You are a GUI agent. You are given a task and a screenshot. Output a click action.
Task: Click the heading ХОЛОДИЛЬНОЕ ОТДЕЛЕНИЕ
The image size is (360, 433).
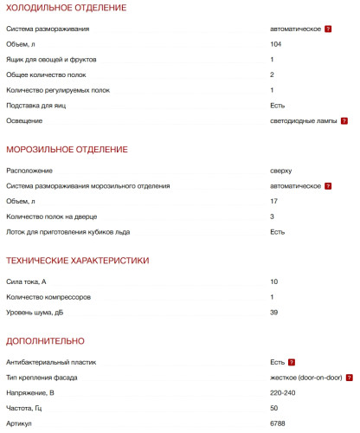[x=66, y=8]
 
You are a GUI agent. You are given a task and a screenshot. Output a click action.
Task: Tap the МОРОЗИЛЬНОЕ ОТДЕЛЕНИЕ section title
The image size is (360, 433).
[x=67, y=150]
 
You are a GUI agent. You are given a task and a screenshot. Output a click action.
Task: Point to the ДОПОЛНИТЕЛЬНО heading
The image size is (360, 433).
[x=45, y=340]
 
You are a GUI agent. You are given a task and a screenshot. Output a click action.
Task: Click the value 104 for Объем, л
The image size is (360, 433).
[x=275, y=44]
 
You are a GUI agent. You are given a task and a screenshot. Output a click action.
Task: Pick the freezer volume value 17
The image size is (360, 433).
[x=273, y=201]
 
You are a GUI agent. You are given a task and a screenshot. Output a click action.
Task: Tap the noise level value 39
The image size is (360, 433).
[x=273, y=312]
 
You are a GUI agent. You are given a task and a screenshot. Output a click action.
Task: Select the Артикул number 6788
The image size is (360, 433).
[x=277, y=423]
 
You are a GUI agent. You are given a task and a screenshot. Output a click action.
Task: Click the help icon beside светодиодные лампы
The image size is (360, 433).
[x=344, y=120]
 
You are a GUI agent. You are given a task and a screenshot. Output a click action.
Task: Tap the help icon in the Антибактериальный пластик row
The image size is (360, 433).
[x=292, y=361]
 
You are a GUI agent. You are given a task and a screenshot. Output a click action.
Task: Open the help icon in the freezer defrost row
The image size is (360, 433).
[x=328, y=186]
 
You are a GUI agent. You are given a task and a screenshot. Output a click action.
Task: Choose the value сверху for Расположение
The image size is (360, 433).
[x=281, y=171]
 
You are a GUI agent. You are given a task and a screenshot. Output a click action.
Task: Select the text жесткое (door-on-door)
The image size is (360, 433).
[x=305, y=377]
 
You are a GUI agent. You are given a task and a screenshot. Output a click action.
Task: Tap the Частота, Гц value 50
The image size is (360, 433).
[x=273, y=408]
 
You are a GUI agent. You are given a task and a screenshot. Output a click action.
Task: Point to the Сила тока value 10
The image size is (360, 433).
[x=273, y=281]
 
